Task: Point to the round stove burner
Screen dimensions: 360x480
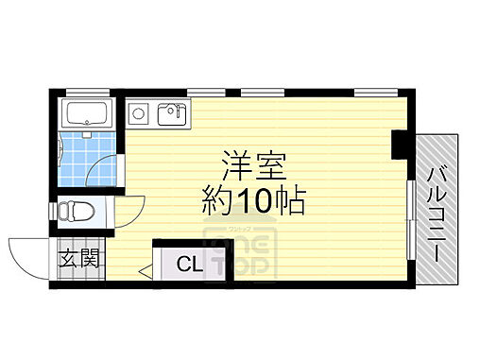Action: click(139, 114)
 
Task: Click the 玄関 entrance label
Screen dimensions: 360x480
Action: click(79, 259)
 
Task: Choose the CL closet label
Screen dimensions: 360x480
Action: click(189, 265)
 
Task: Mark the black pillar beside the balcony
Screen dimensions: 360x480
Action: click(399, 145)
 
